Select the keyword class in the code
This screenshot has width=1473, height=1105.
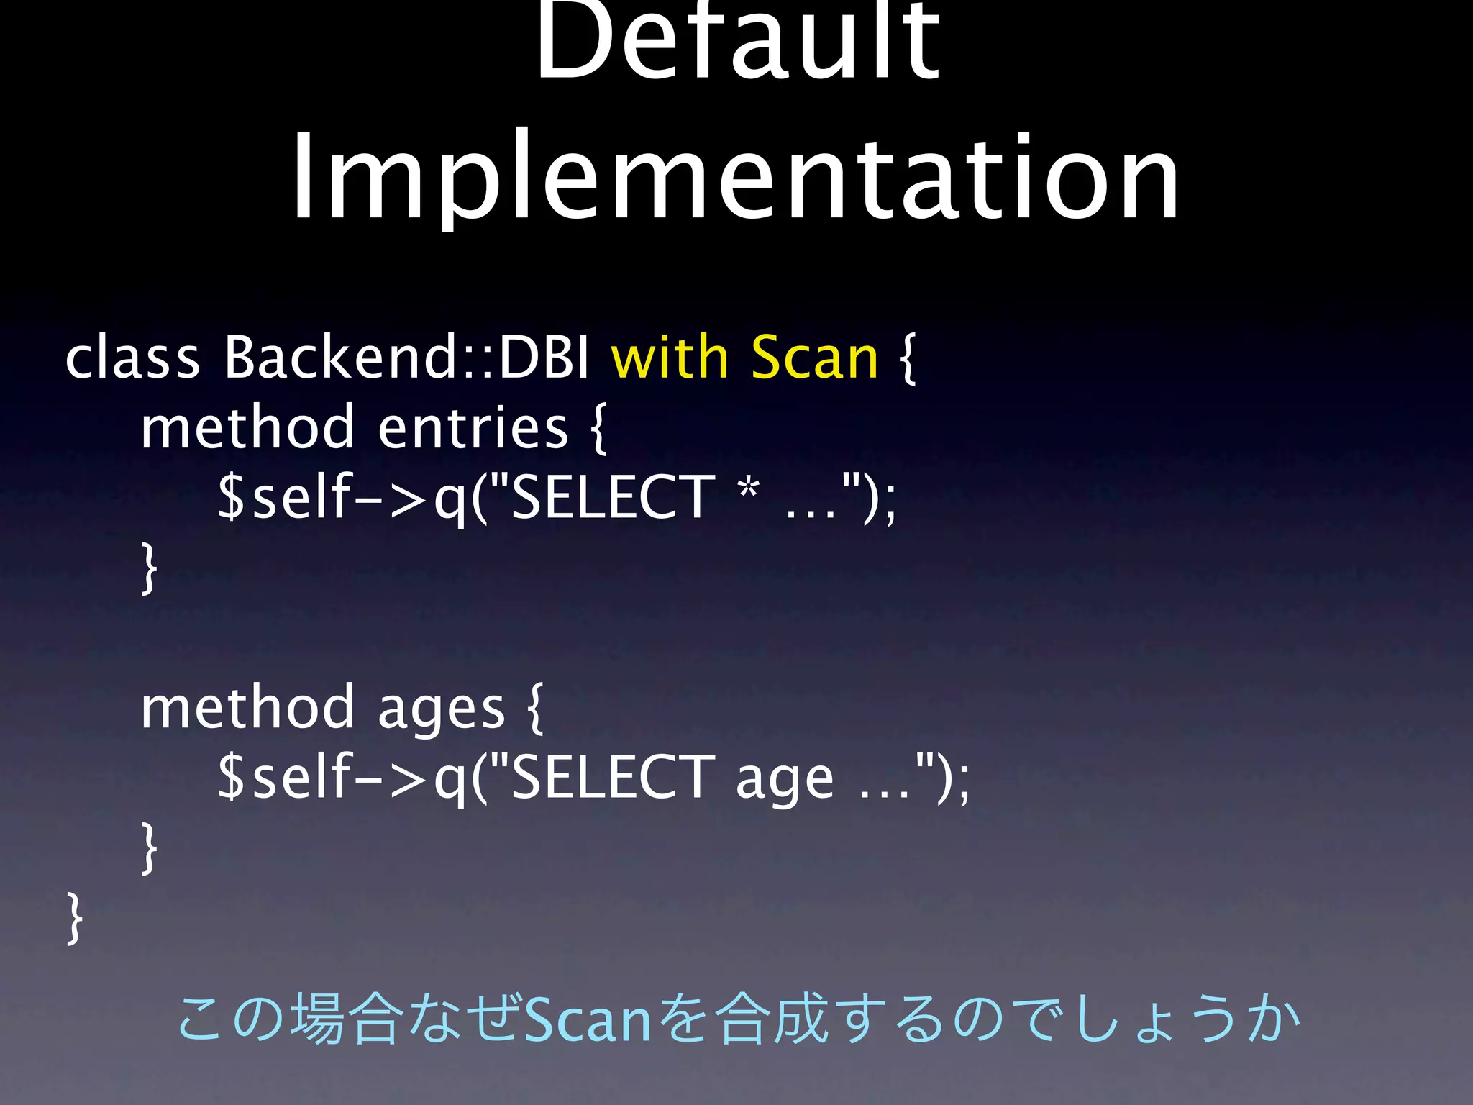pyautogui.click(x=132, y=358)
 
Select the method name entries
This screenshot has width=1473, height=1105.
pyautogui.click(x=473, y=427)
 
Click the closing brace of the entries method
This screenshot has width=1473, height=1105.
pyautogui.click(x=149, y=568)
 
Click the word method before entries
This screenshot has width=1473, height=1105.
pyautogui.click(x=247, y=427)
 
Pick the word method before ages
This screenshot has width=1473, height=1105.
pyautogui.click(x=247, y=708)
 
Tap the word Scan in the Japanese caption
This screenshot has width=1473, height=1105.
pyautogui.click(x=588, y=1020)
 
